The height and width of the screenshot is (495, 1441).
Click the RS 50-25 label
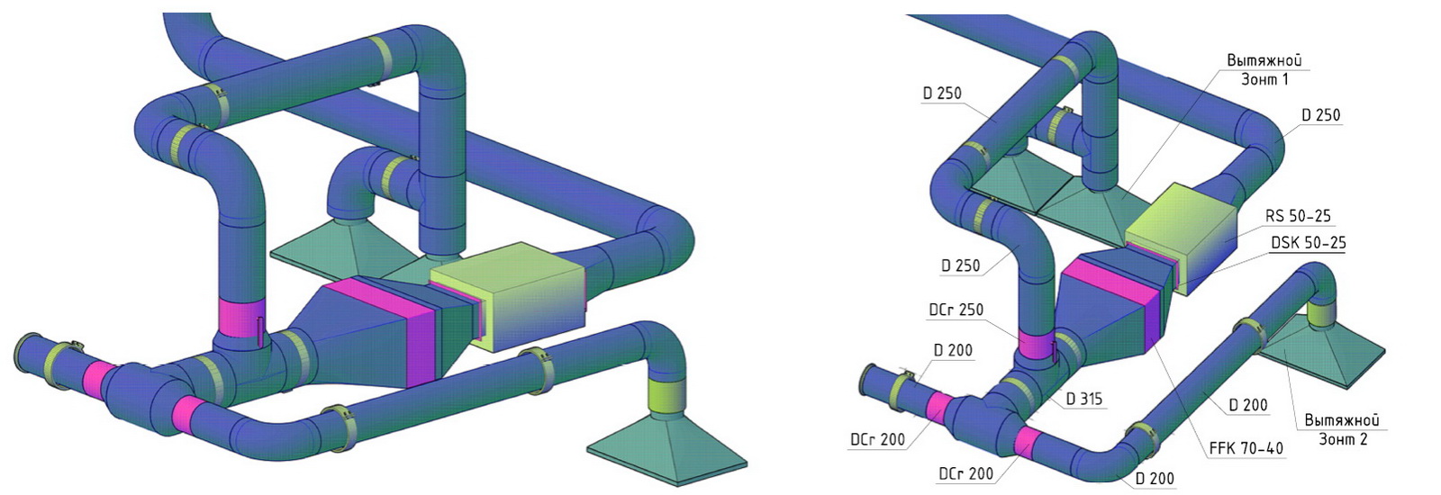click(x=1298, y=216)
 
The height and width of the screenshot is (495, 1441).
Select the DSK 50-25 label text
click(x=1309, y=243)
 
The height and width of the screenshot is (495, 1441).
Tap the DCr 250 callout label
click(x=956, y=310)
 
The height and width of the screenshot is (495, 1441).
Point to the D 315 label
click(x=1084, y=400)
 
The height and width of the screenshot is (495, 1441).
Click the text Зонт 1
click(x=1264, y=80)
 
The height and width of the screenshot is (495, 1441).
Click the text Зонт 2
click(x=1343, y=440)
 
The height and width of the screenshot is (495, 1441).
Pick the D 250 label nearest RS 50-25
click(x=1320, y=115)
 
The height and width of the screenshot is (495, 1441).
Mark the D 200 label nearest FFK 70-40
click(x=1248, y=405)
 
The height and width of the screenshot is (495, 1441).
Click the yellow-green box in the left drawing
click(x=508, y=296)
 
